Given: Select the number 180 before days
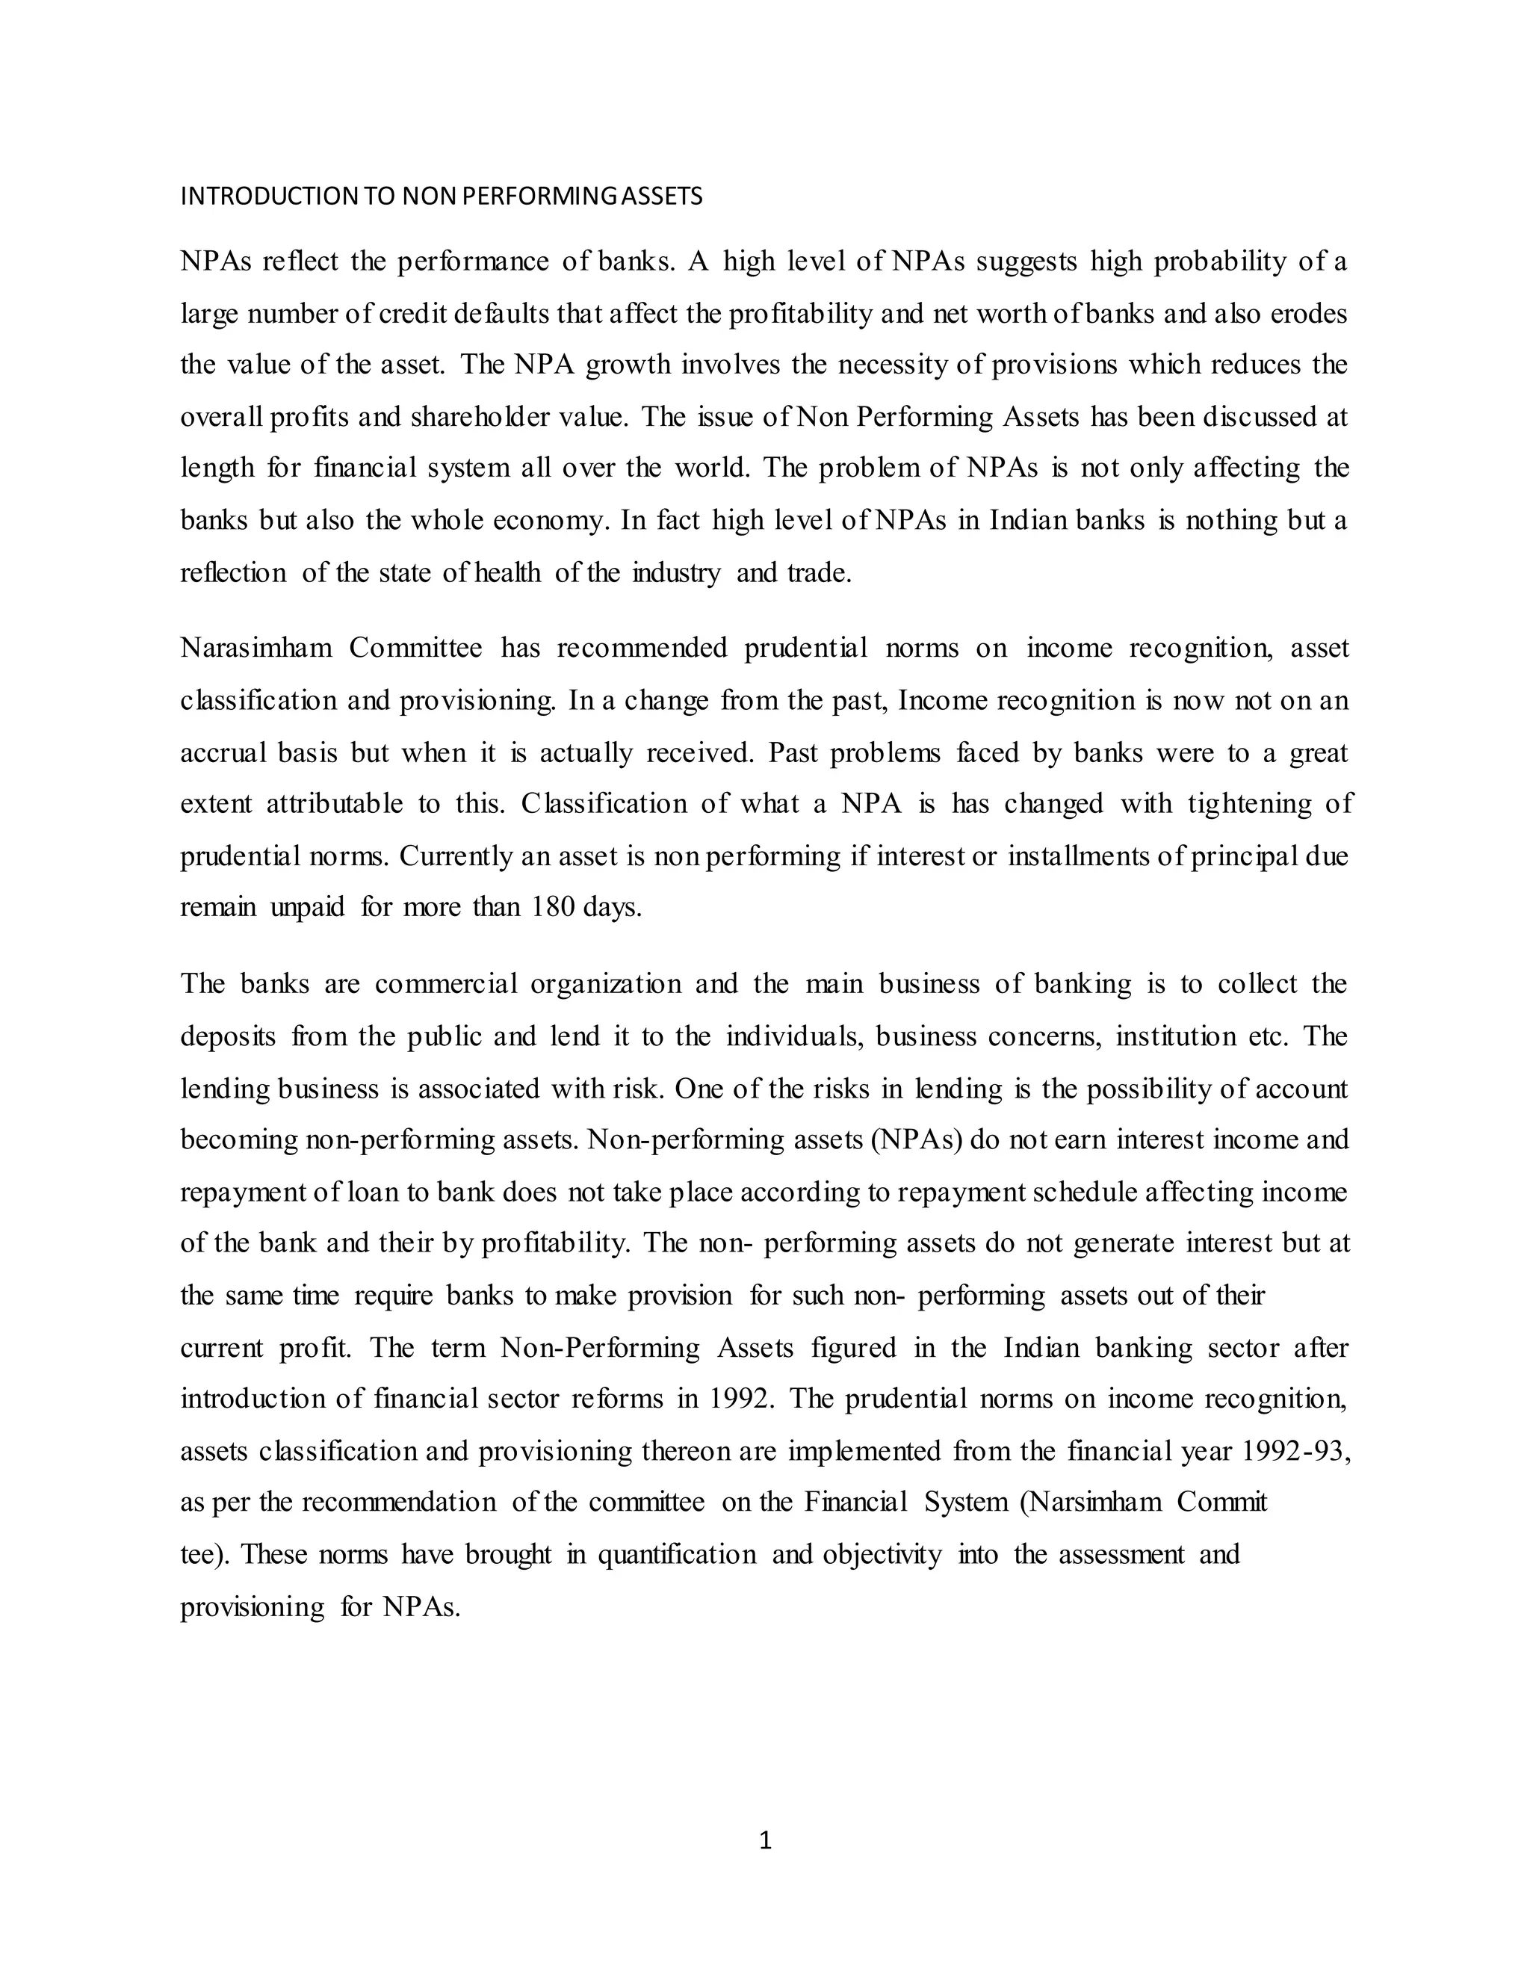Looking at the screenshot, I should coord(552,908).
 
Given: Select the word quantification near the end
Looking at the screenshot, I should coord(676,1555).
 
